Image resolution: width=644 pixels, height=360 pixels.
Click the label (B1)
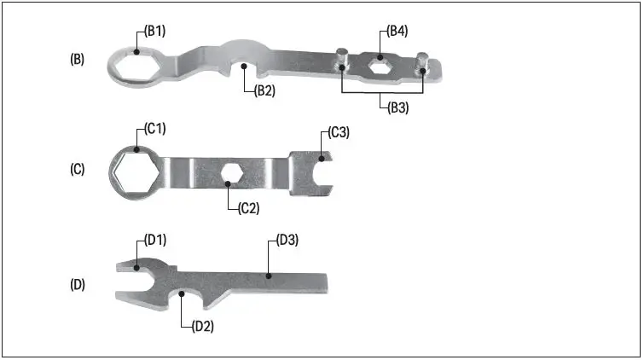154,32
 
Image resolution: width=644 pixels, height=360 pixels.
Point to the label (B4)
397,32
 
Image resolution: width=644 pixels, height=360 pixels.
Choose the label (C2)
247,207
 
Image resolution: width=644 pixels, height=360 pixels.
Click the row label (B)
77,60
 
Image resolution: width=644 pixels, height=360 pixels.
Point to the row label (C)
77,169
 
